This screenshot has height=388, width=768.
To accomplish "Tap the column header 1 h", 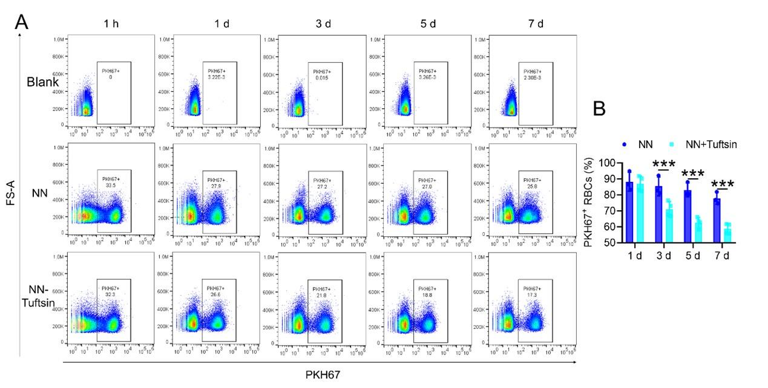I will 110,24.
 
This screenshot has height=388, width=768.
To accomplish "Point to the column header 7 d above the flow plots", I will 535,24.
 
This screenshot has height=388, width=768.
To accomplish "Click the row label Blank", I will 43,82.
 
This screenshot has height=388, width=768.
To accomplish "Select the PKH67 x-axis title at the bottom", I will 323,375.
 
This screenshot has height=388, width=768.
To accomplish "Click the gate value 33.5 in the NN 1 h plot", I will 110,186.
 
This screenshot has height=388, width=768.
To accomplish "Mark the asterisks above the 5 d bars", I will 693,173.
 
